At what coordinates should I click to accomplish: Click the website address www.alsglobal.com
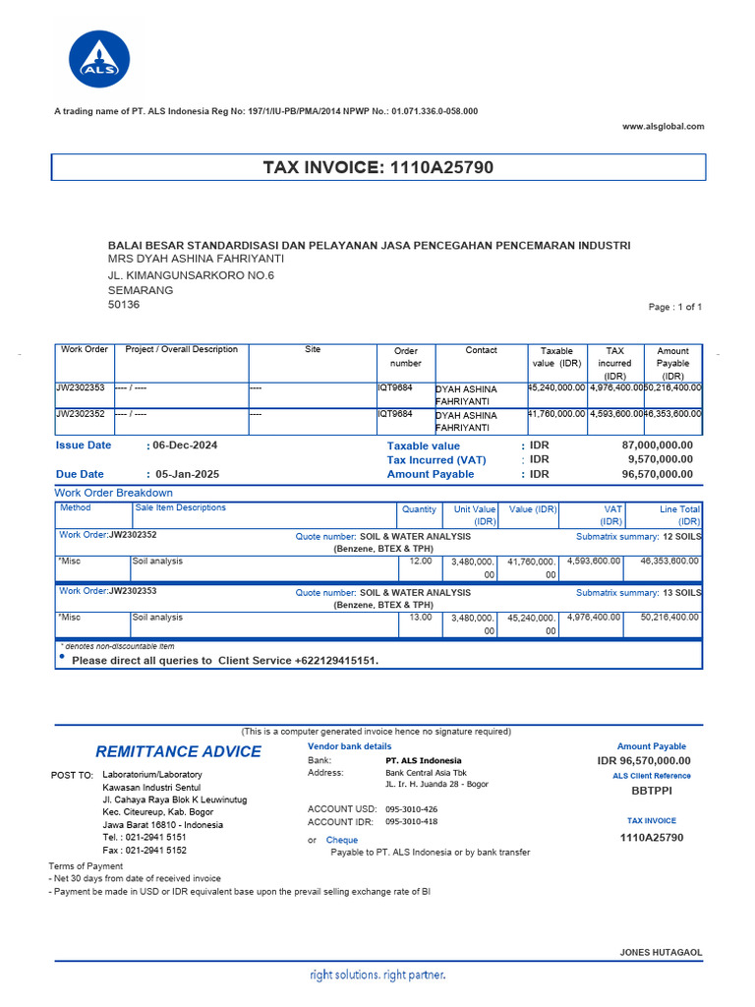(664, 126)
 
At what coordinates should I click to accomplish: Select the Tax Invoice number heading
(378, 168)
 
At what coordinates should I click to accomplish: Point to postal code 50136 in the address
(124, 305)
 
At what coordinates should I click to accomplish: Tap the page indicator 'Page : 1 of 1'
(675, 307)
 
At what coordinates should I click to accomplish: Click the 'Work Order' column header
(84, 350)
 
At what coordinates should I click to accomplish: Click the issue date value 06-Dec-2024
(185, 445)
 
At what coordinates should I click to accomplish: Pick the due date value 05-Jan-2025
(187, 474)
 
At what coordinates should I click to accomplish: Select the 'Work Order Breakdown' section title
(113, 493)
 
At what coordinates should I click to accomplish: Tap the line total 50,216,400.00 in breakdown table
(668, 618)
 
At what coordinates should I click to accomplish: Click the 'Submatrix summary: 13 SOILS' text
(638, 593)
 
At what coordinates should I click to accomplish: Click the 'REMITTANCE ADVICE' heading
(178, 752)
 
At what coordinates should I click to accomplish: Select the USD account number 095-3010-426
(412, 809)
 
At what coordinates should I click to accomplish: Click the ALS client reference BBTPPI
(653, 790)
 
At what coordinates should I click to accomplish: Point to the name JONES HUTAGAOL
(661, 953)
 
